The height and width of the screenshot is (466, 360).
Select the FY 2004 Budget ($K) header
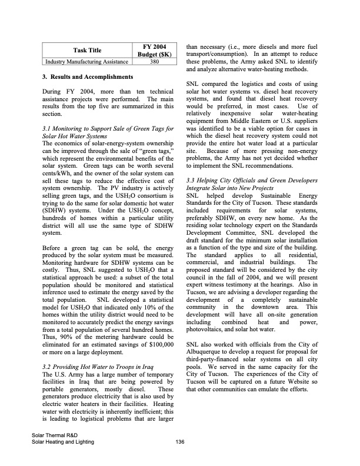[154, 50]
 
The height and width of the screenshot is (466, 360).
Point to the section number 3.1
[49, 128]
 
